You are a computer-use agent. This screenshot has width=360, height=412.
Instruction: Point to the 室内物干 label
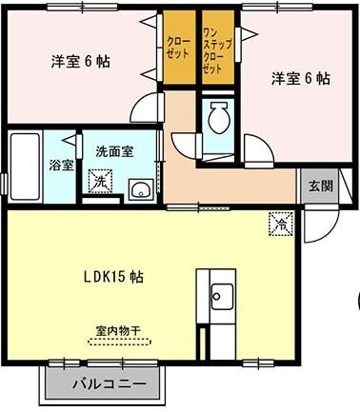pos(117,331)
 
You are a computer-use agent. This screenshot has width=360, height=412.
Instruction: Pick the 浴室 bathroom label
pos(61,164)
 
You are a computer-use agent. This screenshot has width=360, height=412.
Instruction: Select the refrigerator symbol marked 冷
pos(281,225)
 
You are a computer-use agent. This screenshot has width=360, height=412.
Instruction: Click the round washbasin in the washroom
pos(141,187)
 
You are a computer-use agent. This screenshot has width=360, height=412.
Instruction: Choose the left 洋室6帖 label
pos(80,62)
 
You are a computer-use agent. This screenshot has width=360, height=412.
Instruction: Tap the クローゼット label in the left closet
pos(177,49)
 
